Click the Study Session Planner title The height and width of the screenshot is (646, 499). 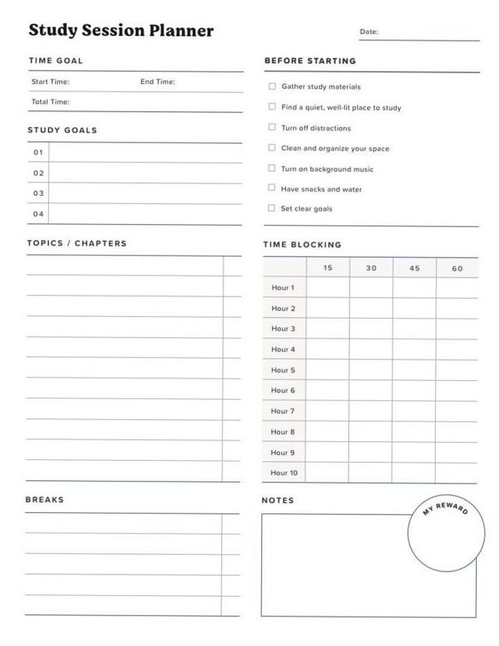coord(121,31)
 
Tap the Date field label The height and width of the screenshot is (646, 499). coord(368,32)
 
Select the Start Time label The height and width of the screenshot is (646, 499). coord(50,82)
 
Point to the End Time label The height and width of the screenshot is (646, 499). coord(158,82)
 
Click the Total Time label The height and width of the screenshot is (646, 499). coord(50,102)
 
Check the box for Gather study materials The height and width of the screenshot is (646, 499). coord(272,87)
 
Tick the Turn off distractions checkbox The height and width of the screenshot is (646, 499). coord(272,128)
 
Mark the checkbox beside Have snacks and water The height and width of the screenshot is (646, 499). coord(272,188)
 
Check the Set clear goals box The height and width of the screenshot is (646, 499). coord(272,208)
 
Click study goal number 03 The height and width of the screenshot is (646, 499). coord(38,194)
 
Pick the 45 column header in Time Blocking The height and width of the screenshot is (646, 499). coord(414,268)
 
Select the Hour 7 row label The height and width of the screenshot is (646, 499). coord(283,411)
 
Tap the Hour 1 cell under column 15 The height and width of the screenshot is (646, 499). coord(327,288)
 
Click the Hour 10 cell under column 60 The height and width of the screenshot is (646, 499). coord(457,473)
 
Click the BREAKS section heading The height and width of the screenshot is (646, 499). coord(44,500)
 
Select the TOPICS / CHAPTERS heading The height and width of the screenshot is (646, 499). coord(76,244)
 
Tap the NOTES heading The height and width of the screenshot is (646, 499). coord(277,500)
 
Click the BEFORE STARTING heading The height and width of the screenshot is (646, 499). coord(310,61)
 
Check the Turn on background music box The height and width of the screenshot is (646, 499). coord(272,168)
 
